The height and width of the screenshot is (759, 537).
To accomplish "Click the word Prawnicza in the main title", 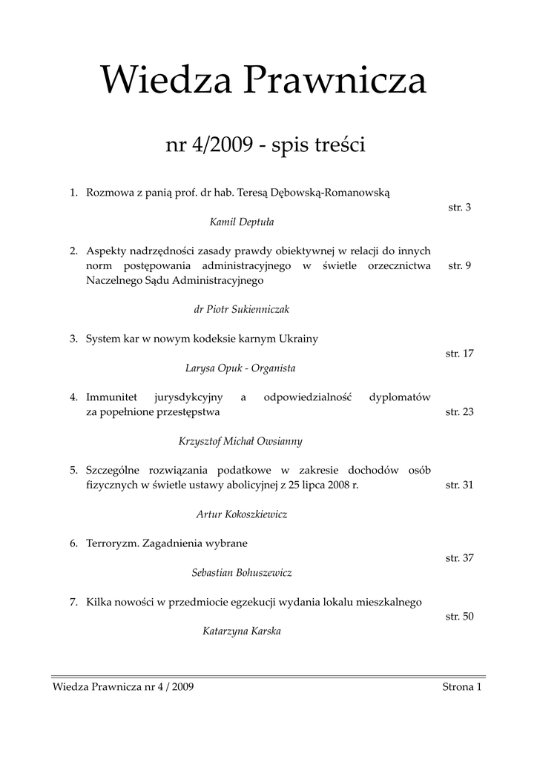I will [x=337, y=82].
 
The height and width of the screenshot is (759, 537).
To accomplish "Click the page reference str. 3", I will [x=460, y=208].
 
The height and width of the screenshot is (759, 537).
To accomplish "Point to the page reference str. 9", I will [x=460, y=266].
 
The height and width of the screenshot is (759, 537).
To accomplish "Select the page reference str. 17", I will [x=460, y=354].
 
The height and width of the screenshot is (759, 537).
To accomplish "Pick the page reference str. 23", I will [x=460, y=411].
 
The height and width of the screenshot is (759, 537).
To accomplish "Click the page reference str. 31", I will [x=460, y=485].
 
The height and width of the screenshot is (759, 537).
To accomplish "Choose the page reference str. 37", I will [x=460, y=558].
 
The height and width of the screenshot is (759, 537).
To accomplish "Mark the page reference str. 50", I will [x=460, y=616].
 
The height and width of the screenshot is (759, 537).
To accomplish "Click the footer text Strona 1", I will [x=462, y=688].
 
